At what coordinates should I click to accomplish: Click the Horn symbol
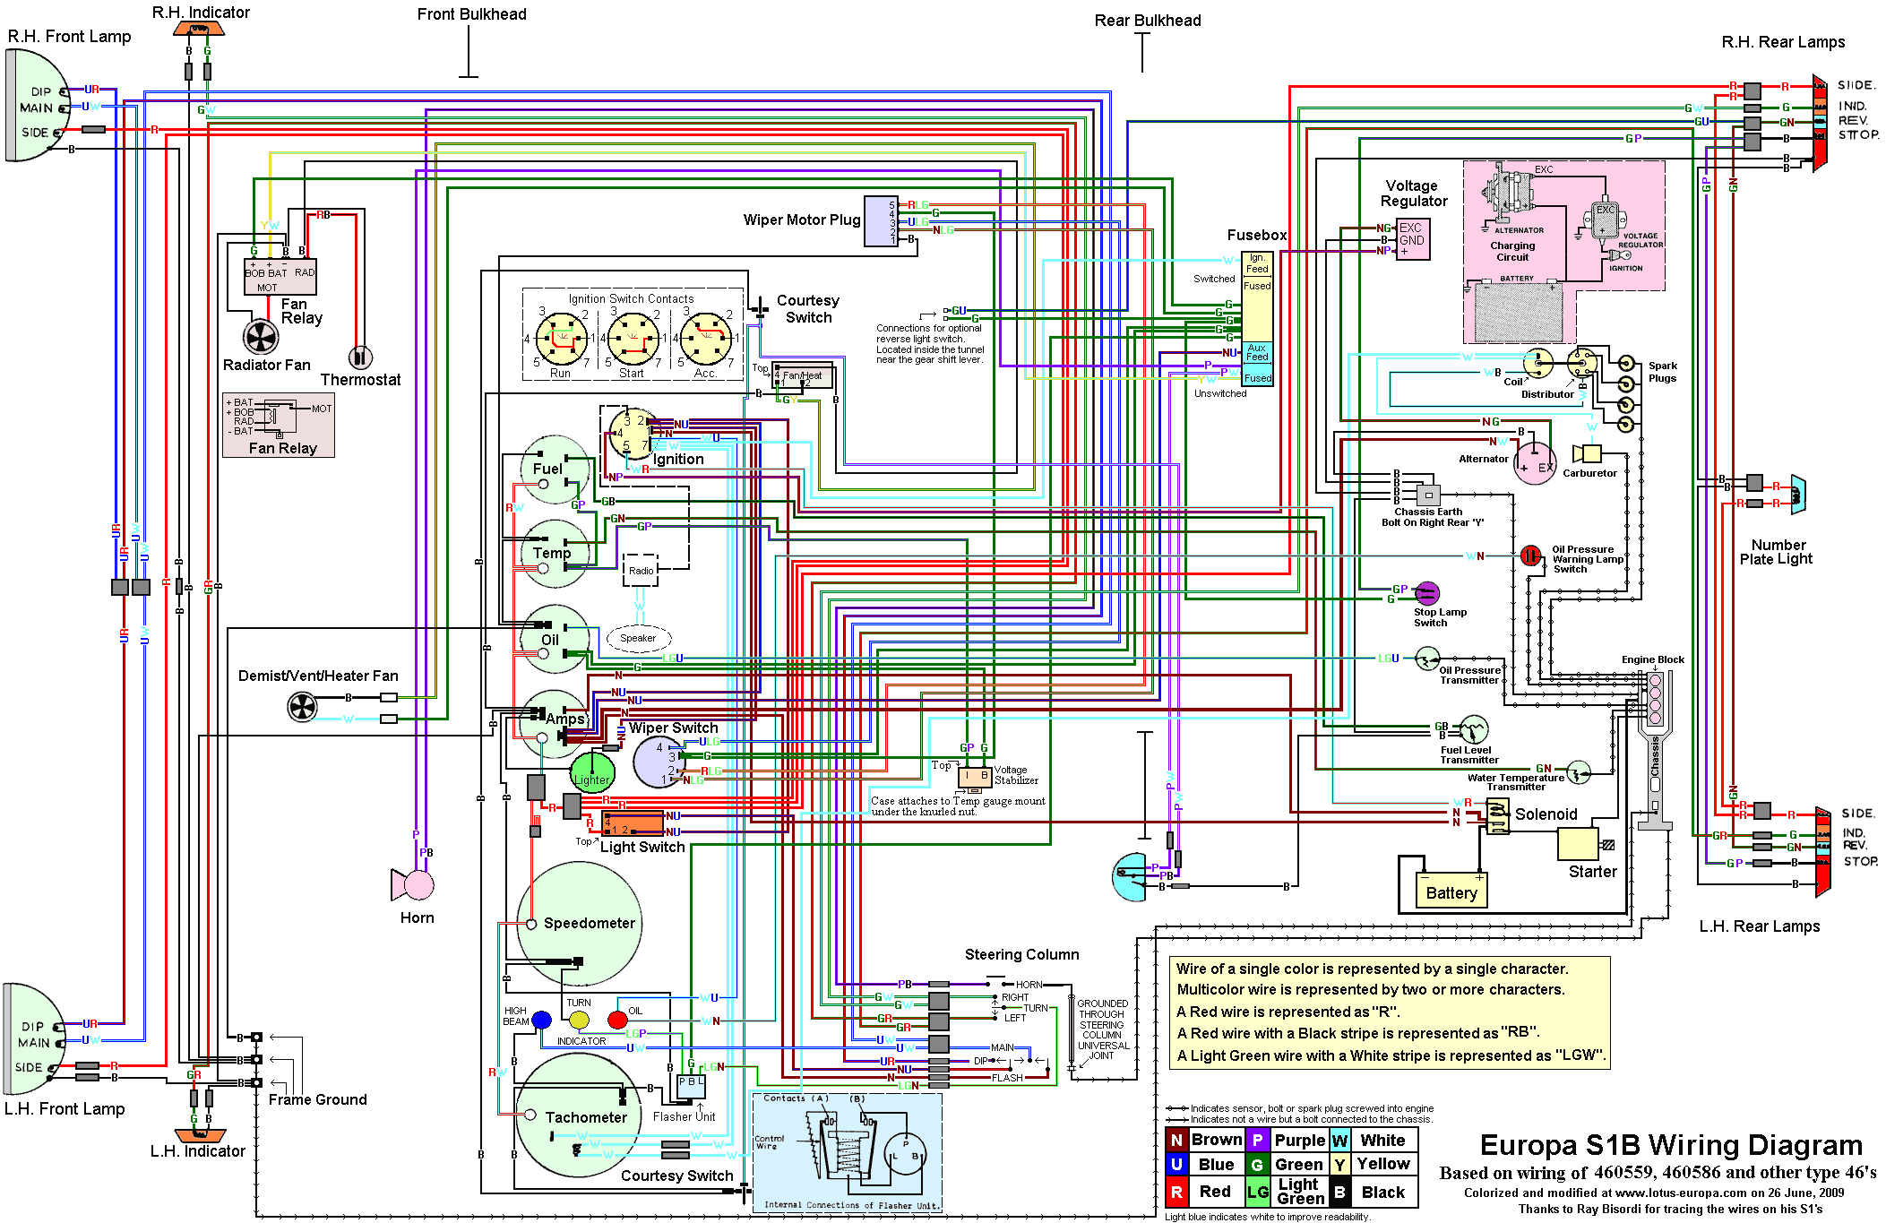[415, 885]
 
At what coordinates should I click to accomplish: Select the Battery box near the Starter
[1451, 891]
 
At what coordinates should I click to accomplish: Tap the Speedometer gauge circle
[580, 923]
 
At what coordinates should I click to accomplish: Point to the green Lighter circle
[592, 772]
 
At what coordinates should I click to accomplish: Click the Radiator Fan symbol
[261, 337]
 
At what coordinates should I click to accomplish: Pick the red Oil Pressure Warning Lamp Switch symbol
[1530, 556]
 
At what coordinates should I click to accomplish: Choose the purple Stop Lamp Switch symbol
[1426, 593]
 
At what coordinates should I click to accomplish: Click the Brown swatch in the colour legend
[1176, 1140]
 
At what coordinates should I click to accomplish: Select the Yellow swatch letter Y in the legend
[1339, 1164]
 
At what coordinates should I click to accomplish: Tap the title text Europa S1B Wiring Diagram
[1671, 1145]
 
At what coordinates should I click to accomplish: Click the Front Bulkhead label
[471, 14]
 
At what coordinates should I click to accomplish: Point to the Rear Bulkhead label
[1147, 21]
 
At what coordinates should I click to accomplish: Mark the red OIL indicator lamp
[617, 1020]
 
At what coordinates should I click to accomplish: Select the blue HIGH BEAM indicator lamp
[541, 1020]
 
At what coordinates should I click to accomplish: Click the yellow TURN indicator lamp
[579, 1020]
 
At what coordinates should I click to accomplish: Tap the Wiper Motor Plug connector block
[880, 221]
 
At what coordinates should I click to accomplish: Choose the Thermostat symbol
[360, 357]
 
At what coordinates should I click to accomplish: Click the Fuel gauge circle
[555, 469]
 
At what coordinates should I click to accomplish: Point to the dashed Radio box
[641, 571]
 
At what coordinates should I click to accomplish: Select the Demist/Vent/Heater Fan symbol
[302, 707]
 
